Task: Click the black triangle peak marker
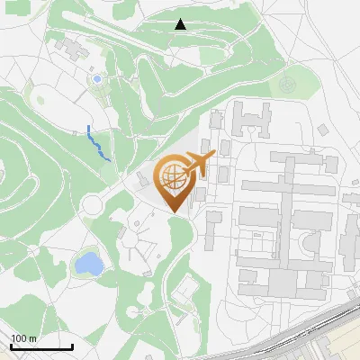181,24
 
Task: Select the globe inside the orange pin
172,175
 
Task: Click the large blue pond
88,264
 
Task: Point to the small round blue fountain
97,79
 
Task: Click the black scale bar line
41,346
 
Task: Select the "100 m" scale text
23,338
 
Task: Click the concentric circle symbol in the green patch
287,85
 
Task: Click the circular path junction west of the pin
91,207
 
